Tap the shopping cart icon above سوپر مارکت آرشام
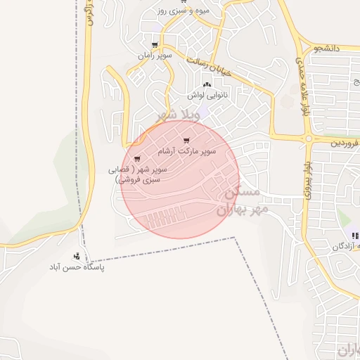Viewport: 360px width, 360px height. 186,141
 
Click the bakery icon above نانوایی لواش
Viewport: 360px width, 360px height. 206,83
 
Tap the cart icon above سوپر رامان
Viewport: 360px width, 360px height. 155,44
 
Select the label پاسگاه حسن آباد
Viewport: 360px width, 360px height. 76,268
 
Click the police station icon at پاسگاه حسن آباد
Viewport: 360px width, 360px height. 76,256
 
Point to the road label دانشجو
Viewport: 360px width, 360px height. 327,49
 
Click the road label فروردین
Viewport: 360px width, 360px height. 345,142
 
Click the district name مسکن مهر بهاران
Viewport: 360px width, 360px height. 238,200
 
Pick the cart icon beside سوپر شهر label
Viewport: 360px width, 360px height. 137,159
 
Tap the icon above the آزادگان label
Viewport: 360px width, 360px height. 354,236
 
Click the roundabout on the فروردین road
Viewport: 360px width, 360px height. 308,139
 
